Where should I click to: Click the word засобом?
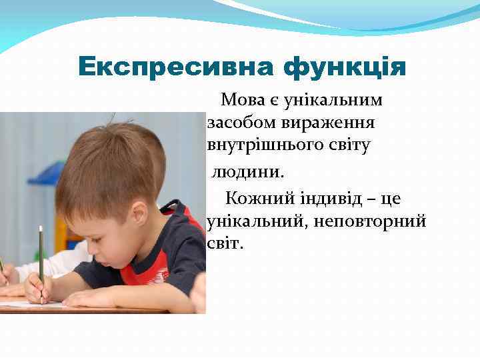pyautogui.click(x=236, y=123)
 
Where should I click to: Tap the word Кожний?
pyautogui.click(x=255, y=199)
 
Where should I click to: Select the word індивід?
pyautogui.click(x=325, y=199)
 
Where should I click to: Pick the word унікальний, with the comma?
pyautogui.click(x=258, y=221)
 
